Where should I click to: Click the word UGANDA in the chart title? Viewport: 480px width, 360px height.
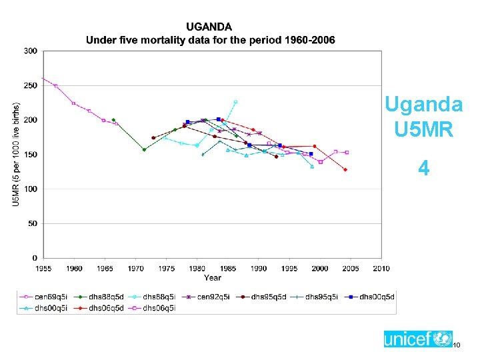click(209, 27)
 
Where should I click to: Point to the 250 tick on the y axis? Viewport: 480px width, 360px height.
click(31, 85)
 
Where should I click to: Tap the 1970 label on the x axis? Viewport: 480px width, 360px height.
click(135, 268)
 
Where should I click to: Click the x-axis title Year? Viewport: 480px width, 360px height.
click(213, 277)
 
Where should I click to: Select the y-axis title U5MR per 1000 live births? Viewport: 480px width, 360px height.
click(15, 153)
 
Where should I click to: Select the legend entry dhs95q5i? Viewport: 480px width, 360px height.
click(318, 297)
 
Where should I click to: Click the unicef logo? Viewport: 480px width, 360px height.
click(417, 339)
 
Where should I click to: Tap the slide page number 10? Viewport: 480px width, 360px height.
click(457, 345)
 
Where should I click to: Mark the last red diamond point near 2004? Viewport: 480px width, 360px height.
click(345, 169)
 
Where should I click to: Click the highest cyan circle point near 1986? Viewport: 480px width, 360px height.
click(235, 102)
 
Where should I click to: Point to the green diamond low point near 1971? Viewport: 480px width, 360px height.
click(144, 149)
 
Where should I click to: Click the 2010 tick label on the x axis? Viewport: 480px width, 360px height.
click(381, 268)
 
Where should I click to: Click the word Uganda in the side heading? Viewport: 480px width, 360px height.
click(423, 105)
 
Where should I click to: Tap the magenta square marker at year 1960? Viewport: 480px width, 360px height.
click(73, 103)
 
